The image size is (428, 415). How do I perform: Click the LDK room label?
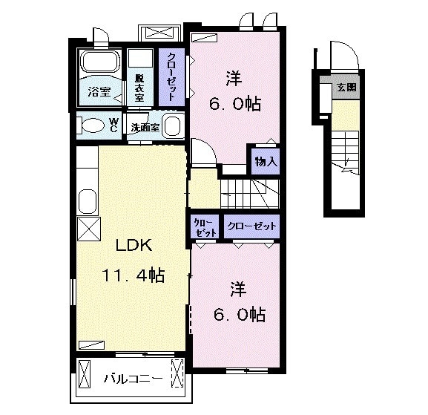pyautogui.click(x=134, y=245)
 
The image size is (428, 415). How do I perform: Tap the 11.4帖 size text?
pyautogui.click(x=134, y=275)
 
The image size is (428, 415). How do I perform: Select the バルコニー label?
pyautogui.click(x=134, y=379)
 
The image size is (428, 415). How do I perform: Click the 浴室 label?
pyautogui.click(x=99, y=92)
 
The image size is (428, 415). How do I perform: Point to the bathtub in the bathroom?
pyautogui.click(x=101, y=62)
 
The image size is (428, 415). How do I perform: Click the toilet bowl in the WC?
pyautogui.click(x=93, y=125)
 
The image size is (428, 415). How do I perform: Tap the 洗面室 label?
pyautogui.click(x=145, y=127)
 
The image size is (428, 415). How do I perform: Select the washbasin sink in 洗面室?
pyautogui.click(x=173, y=125)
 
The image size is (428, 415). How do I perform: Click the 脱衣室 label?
pyautogui.click(x=139, y=88)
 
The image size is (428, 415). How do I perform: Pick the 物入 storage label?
pyautogui.click(x=266, y=162)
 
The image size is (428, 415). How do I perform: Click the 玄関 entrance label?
pyautogui.click(x=346, y=88)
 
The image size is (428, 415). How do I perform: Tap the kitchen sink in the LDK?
pyautogui.click(x=88, y=201)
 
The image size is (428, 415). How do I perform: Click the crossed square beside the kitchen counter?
pyautogui.click(x=89, y=229)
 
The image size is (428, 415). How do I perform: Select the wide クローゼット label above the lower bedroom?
pyautogui.click(x=251, y=226)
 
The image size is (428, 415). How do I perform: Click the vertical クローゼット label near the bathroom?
pyautogui.click(x=171, y=76)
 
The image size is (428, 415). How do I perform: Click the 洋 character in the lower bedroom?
pyautogui.click(x=238, y=290)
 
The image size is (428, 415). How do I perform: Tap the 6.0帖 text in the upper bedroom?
pyautogui.click(x=235, y=103)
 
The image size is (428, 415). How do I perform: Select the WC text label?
pyautogui.click(x=113, y=125)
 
